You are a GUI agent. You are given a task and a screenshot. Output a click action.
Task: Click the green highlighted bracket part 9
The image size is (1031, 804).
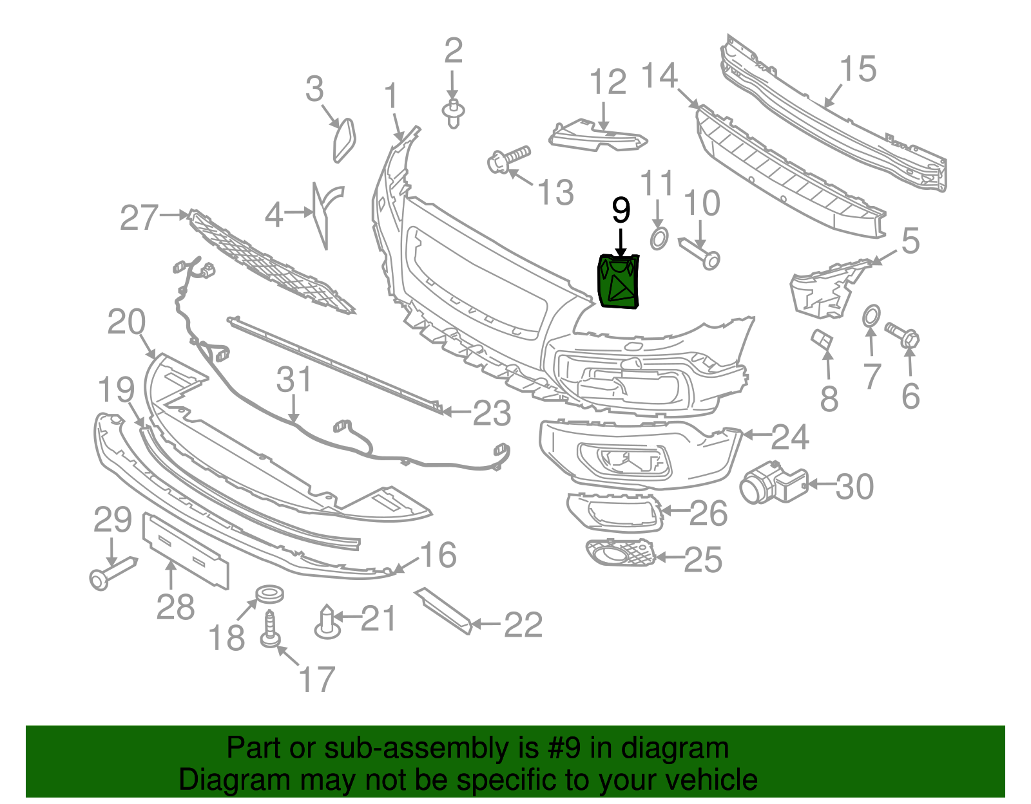click(x=618, y=282)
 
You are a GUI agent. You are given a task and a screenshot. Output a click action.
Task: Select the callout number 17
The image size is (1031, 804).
click(x=317, y=680)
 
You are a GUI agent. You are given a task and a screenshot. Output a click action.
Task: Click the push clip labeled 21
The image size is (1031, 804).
click(x=328, y=622)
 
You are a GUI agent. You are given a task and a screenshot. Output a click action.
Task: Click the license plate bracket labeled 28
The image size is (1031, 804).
click(x=185, y=551)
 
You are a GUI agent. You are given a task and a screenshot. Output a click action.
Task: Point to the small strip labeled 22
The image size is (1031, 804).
click(x=444, y=610)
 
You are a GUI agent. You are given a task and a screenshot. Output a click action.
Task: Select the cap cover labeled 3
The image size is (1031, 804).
click(x=344, y=139)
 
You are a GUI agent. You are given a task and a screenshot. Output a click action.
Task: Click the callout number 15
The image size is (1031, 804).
click(x=858, y=69)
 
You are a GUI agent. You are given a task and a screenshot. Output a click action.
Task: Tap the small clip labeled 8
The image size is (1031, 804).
click(x=822, y=339)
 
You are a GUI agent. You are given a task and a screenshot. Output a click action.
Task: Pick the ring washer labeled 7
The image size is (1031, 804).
click(x=870, y=316)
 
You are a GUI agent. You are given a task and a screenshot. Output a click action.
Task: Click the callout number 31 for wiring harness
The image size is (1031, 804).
click(x=294, y=380)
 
